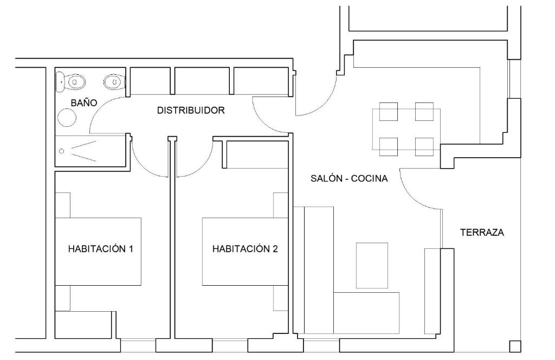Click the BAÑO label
pos(84,103)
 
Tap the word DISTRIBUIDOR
pos(191,111)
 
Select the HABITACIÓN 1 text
pos(100,249)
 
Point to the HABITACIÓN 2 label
pos(245,249)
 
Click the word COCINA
pos(369,178)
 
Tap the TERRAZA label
pos(482,233)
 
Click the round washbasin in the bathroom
pos(67,117)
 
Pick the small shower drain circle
pos(62,151)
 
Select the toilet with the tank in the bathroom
pos(71,82)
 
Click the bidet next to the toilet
pos(114,82)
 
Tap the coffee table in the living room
pos(372,266)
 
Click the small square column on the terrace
pos(515,346)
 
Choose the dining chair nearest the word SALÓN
pos(389,147)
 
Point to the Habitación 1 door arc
pos(144,165)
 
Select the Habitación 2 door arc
pos(200,165)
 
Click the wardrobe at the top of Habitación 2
pos(257,155)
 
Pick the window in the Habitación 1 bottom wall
pos(138,345)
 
